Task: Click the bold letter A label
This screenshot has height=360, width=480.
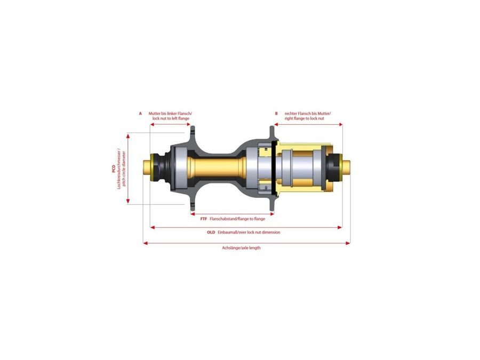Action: tap(140, 114)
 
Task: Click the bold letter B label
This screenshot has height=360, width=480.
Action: tap(276, 114)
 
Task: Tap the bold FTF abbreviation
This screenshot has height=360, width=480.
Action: tap(203, 219)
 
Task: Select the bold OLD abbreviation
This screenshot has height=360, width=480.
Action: tap(211, 233)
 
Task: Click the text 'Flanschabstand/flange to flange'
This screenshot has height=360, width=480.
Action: tap(237, 219)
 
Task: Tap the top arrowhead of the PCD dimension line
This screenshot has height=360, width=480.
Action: tap(128, 135)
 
